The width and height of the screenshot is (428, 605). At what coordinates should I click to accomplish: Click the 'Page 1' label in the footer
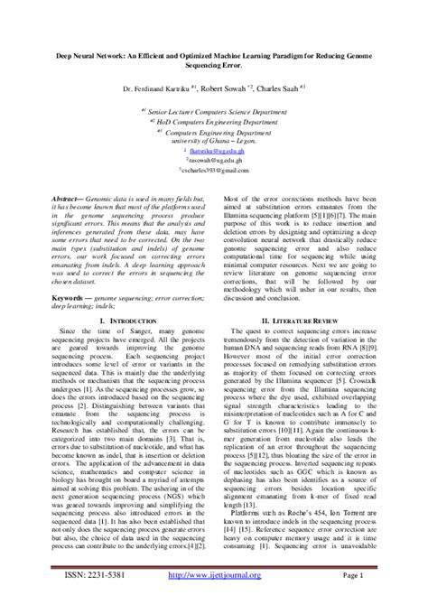pos(377,573)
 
